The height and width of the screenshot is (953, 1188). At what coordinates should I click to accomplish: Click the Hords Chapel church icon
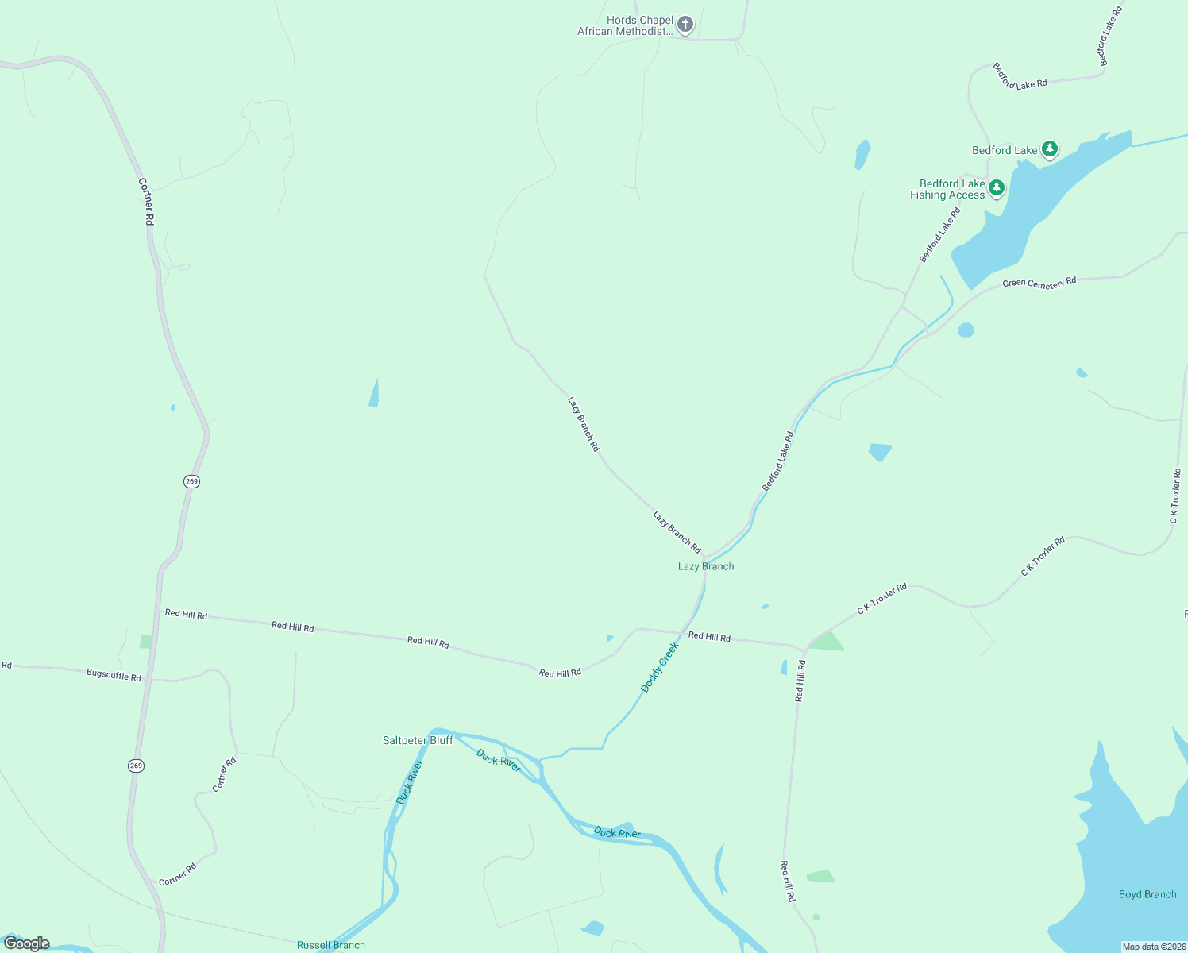pyautogui.click(x=685, y=25)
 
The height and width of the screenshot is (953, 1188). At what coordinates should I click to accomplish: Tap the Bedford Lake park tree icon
pyautogui.click(x=1050, y=149)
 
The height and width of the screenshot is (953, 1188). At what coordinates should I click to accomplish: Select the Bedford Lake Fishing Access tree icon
pyautogui.click(x=997, y=188)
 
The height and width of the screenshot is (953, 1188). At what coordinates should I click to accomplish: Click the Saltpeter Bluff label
pyautogui.click(x=418, y=740)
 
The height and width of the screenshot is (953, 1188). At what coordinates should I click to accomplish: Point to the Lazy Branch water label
pyautogui.click(x=706, y=566)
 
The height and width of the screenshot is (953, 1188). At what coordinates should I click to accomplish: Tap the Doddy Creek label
pyautogui.click(x=660, y=667)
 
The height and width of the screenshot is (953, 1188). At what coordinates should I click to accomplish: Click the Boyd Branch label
pyautogui.click(x=1147, y=894)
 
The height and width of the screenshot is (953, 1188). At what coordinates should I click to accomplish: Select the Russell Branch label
pyautogui.click(x=331, y=945)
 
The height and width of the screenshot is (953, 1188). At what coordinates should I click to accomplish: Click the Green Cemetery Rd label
pyautogui.click(x=1039, y=283)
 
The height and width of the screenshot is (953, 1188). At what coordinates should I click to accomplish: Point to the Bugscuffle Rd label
pyautogui.click(x=114, y=675)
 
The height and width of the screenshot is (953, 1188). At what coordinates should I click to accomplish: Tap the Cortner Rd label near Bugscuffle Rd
pyautogui.click(x=225, y=774)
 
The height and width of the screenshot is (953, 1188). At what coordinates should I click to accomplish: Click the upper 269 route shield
pyautogui.click(x=191, y=481)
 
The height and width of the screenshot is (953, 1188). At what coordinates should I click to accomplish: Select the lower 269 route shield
pyautogui.click(x=136, y=766)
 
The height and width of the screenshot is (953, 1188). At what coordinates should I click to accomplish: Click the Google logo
pyautogui.click(x=27, y=943)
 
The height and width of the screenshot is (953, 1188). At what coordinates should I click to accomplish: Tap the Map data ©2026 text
pyautogui.click(x=1153, y=947)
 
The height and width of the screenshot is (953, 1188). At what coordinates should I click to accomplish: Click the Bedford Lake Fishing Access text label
pyautogui.click(x=948, y=189)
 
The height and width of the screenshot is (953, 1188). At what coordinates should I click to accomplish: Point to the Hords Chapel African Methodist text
pyautogui.click(x=625, y=26)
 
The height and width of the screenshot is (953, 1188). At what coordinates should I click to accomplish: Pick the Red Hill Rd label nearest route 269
pyautogui.click(x=186, y=614)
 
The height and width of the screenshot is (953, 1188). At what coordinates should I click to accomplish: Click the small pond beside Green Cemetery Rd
pyautogui.click(x=966, y=330)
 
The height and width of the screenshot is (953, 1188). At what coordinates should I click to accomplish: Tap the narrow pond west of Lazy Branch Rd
pyautogui.click(x=374, y=393)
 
